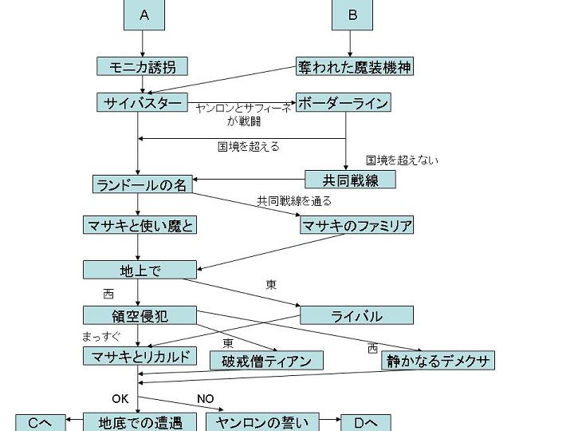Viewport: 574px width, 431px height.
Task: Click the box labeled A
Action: point(144,14)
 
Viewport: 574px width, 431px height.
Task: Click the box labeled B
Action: point(352,14)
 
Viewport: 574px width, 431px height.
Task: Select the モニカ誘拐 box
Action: point(142,66)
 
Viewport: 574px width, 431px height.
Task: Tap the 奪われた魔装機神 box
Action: point(355,66)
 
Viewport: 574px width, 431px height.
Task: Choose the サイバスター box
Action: point(143,103)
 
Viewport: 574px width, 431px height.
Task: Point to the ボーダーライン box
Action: point(343,103)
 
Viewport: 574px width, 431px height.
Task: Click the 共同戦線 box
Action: point(350,180)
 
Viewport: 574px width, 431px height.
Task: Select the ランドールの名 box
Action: point(142,184)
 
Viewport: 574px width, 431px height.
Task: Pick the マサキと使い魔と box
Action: point(140,225)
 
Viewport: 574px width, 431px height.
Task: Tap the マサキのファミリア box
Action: point(356,226)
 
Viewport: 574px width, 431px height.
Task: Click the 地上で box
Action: point(140,270)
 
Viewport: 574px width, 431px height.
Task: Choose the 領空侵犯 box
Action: point(140,314)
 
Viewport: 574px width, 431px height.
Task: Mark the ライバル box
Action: point(356,315)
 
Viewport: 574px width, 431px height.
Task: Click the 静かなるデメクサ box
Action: point(438,361)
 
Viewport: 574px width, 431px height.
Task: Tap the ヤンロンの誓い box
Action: point(262,422)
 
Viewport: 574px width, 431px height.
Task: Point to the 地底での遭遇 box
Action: point(140,422)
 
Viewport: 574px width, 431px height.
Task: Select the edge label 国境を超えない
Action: point(402,160)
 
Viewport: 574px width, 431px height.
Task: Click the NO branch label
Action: point(206,399)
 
